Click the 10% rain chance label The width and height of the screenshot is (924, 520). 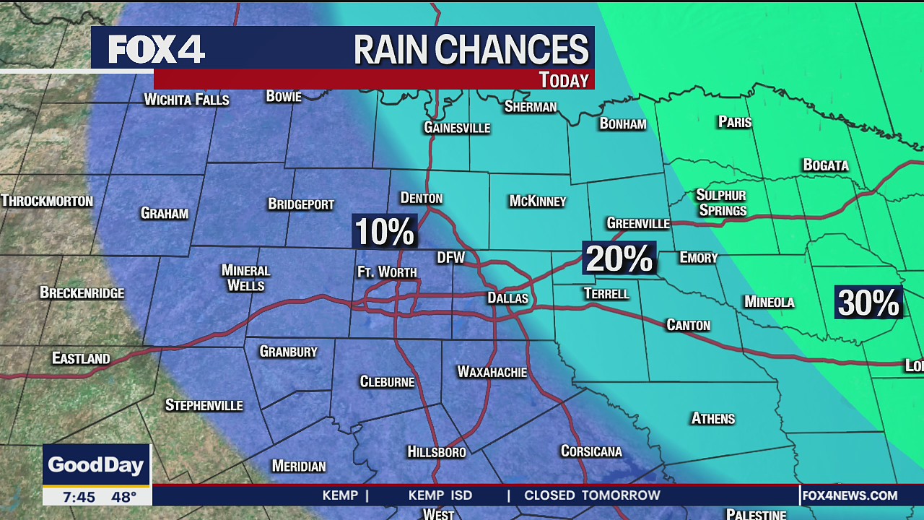coord(384,232)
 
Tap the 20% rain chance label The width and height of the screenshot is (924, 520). coord(619,259)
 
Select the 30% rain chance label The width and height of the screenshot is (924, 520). coord(869,303)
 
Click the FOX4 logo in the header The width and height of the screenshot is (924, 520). coord(157,49)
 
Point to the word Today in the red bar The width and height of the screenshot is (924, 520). coord(564,80)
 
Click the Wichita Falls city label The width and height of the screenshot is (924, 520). coord(186,100)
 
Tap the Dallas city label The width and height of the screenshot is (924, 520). coord(507,298)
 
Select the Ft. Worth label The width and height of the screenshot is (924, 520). coord(387,272)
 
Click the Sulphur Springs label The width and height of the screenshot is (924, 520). coord(720,203)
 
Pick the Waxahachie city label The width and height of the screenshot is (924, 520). coord(492,372)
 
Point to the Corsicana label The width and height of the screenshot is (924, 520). coord(591,451)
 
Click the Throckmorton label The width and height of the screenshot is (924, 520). coord(47,201)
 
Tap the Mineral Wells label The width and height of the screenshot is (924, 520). coord(245,277)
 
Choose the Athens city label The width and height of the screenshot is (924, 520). coord(712,418)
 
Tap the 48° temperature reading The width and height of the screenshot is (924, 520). coord(123,497)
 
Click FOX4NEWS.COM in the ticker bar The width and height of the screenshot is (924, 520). coord(850,495)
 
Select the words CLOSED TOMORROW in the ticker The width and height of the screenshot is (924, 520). coord(592,495)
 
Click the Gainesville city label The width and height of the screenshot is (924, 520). coord(456,128)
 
